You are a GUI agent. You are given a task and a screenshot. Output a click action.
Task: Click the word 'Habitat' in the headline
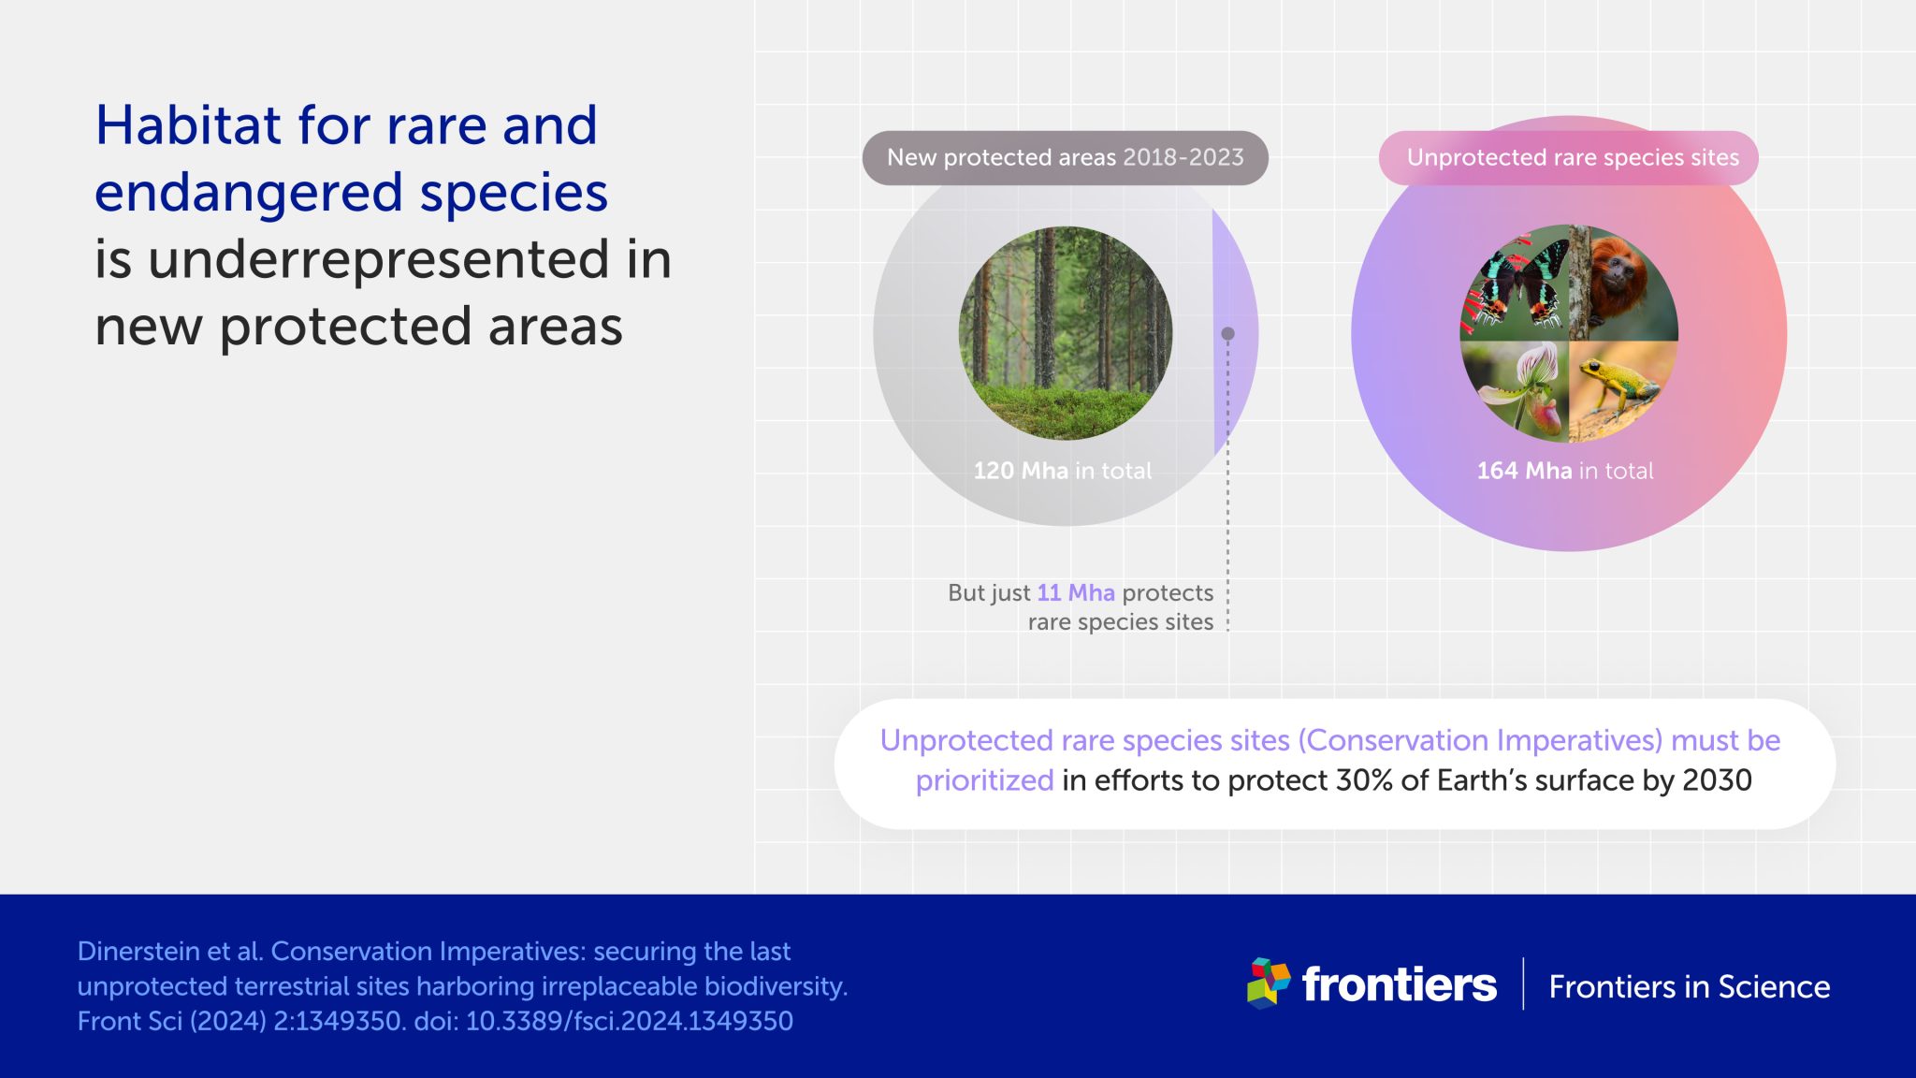point(188,125)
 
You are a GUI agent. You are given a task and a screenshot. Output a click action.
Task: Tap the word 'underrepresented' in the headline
point(378,259)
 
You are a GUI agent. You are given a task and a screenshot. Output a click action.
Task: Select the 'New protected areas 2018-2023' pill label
point(1065,157)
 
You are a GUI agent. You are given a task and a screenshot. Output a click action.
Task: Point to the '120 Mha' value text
point(1020,471)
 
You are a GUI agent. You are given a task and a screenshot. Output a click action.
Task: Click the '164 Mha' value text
point(1524,471)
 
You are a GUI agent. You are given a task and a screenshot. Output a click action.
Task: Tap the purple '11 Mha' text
point(1076,593)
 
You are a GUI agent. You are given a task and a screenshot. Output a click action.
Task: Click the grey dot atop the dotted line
point(1228,333)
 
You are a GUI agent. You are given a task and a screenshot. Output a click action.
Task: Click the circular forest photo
point(1065,333)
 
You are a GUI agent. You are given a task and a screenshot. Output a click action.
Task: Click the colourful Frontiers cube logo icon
point(1269,983)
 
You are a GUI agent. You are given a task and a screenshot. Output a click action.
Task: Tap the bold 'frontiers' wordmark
point(1399,984)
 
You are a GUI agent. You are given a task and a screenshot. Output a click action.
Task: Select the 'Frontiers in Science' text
point(1689,987)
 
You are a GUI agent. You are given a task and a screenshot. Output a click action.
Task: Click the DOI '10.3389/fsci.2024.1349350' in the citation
point(629,1021)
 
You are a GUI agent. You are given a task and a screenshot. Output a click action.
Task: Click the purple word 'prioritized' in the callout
point(984,780)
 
